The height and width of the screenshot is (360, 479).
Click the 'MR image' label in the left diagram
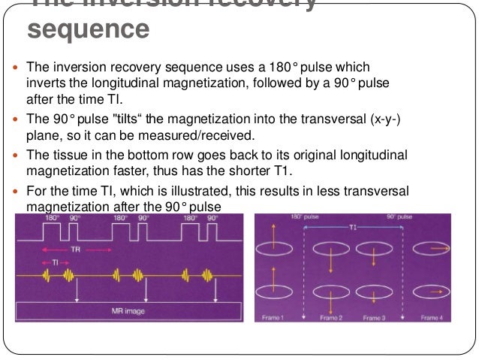[127, 310]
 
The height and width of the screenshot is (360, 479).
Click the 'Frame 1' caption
[273, 318]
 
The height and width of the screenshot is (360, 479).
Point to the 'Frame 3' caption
[376, 318]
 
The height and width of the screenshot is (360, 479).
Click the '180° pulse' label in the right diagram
[303, 218]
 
